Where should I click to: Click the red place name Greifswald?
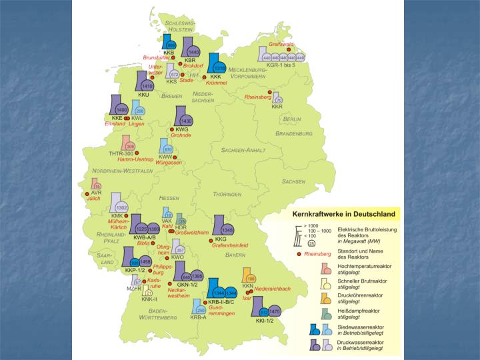click(x=281, y=44)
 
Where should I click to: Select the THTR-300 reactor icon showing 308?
click(x=128, y=145)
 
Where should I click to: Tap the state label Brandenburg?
click(x=293, y=133)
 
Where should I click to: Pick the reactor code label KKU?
click(x=143, y=95)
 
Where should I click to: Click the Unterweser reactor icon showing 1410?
click(x=146, y=83)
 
